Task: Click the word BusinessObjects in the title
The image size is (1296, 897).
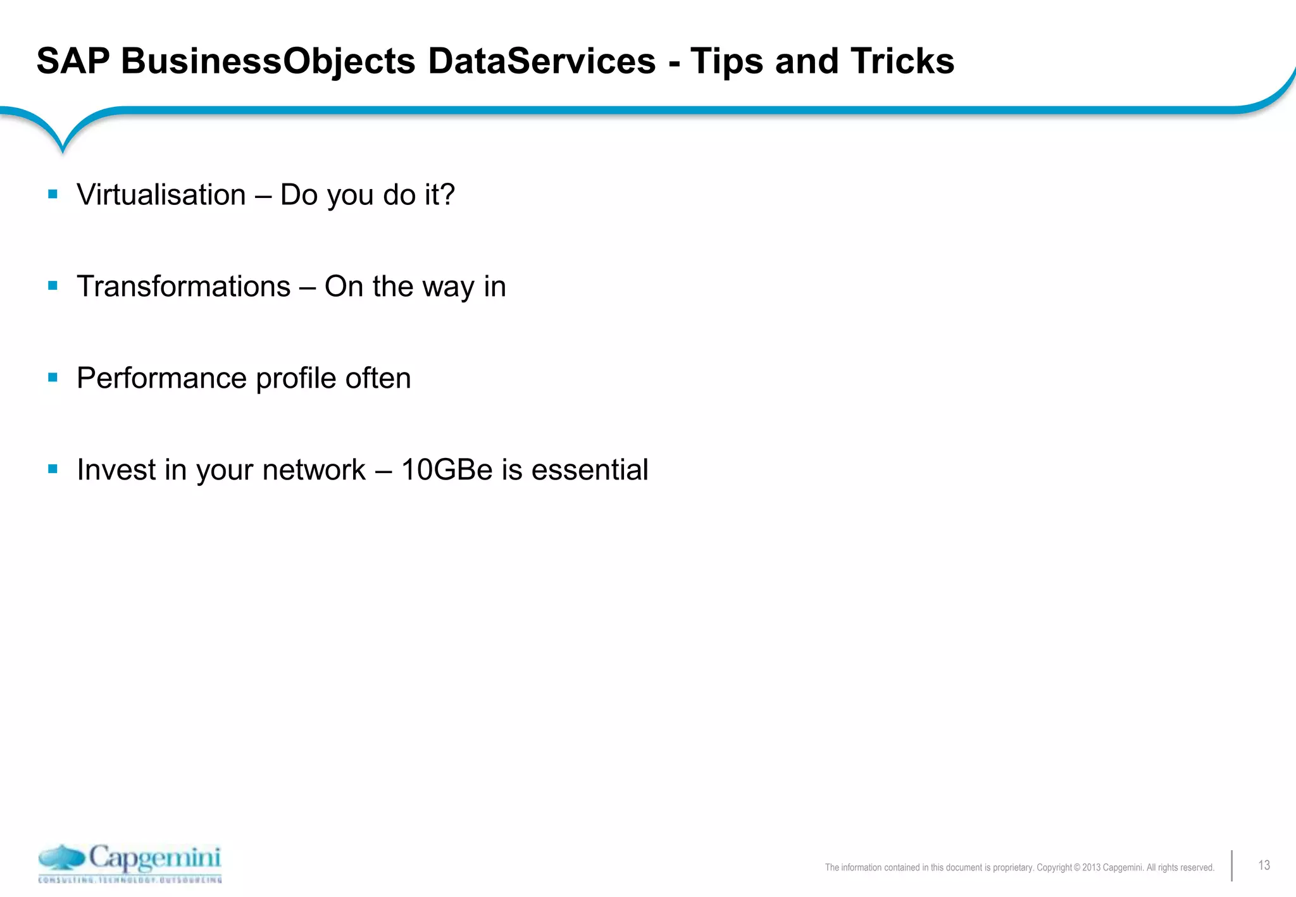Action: (x=268, y=62)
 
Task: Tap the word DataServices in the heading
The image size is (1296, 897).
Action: (x=542, y=61)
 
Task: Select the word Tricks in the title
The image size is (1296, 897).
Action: (x=902, y=61)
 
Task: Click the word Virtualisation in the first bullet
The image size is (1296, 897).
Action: (x=161, y=195)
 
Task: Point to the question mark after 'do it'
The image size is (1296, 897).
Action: (x=448, y=194)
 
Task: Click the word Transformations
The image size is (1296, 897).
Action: (x=184, y=287)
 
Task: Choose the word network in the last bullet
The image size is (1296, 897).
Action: (x=314, y=470)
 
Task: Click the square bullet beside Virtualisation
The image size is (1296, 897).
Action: (x=53, y=194)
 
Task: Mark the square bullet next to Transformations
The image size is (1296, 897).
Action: (x=53, y=286)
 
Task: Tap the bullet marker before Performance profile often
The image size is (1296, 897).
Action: (x=53, y=378)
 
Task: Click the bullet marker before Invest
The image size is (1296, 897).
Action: (x=53, y=469)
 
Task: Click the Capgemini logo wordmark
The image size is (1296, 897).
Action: (x=155, y=858)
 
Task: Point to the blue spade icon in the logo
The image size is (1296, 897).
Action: (x=61, y=858)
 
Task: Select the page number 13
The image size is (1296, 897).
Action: (x=1264, y=865)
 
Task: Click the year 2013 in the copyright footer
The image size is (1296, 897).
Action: (x=1091, y=868)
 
